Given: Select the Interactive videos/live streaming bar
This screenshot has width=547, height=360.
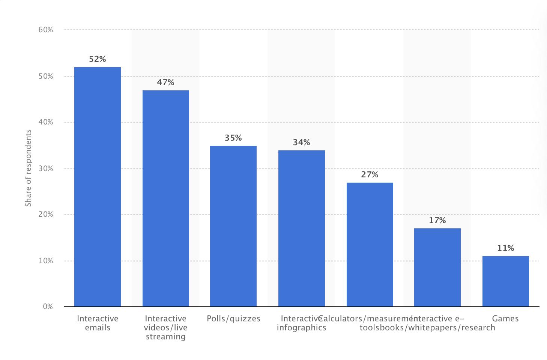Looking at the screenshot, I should [166, 198].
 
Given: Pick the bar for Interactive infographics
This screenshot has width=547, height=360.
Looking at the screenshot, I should [302, 228].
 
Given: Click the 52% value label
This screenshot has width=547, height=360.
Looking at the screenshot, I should [98, 59].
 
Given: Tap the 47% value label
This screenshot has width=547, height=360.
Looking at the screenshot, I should [166, 82].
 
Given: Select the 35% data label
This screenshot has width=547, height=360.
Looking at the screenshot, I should [233, 138].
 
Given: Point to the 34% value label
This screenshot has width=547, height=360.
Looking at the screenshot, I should [302, 142].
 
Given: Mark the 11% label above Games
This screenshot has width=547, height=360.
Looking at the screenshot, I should [506, 248].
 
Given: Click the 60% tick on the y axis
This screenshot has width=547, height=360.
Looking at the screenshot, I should [46, 30].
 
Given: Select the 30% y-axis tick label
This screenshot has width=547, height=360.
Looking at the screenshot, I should [46, 168].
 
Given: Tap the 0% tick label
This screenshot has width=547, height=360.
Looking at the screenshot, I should [48, 307].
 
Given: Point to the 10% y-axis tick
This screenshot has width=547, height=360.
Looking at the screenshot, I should [46, 261].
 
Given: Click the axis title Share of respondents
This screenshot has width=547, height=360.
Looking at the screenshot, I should [28, 168].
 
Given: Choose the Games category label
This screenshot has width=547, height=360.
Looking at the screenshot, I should [505, 319].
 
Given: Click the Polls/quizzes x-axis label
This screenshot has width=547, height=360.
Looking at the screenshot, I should [233, 319].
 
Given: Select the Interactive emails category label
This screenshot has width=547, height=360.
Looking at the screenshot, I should [98, 323].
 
